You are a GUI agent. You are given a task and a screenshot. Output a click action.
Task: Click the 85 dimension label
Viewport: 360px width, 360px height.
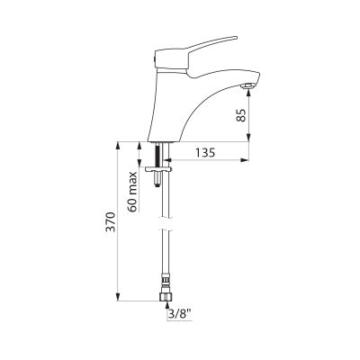click(241, 115)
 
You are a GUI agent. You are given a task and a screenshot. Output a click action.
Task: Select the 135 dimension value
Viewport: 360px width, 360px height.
click(205, 153)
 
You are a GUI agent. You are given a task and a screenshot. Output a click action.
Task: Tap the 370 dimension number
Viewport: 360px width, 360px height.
click(112, 222)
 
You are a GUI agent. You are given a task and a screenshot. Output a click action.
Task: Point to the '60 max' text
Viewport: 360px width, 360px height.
click(133, 192)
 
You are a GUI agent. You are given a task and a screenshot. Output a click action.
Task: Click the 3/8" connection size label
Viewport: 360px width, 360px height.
click(181, 315)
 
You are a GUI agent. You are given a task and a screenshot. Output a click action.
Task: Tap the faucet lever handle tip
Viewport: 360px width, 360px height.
click(236, 38)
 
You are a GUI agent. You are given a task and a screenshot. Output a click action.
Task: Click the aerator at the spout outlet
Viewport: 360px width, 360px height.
click(248, 86)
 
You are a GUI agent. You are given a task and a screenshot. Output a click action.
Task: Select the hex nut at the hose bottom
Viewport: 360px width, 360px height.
click(166, 296)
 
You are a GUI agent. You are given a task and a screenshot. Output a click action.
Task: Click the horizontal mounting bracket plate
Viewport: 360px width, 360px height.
click(158, 169)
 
